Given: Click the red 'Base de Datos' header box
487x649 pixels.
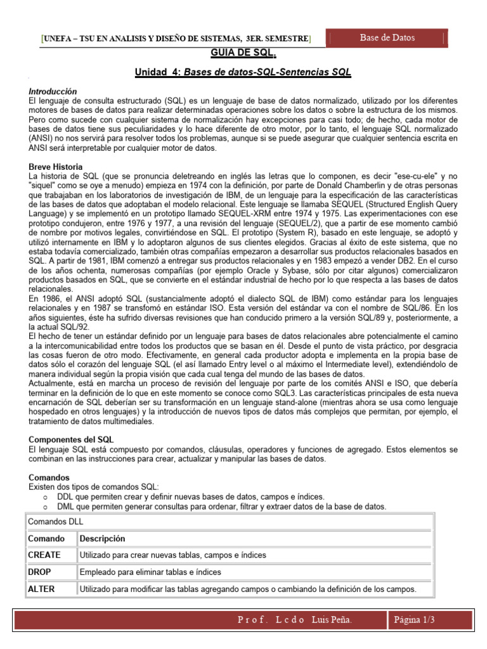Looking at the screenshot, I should (387, 38).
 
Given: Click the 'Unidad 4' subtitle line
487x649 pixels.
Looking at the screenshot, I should (243, 73).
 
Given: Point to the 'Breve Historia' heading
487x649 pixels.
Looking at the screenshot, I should (56, 166).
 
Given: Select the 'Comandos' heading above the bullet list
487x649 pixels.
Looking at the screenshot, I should (50, 477).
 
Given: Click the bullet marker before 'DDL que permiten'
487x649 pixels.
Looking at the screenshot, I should (45, 497).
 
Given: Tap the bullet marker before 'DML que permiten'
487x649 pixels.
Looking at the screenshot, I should (45, 507).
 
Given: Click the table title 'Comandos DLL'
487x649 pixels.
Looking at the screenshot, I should (56, 522).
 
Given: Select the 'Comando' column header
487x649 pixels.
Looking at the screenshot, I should (46, 539).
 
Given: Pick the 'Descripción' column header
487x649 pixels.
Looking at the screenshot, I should (102, 539).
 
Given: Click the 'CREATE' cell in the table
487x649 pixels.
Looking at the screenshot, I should (44, 555).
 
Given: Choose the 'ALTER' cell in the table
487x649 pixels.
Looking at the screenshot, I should (42, 589).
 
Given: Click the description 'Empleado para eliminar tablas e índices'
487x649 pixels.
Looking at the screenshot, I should (150, 572).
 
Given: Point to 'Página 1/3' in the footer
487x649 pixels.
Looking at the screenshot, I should (415, 619).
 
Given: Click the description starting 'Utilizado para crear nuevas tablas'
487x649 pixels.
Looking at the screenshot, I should (172, 555).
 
